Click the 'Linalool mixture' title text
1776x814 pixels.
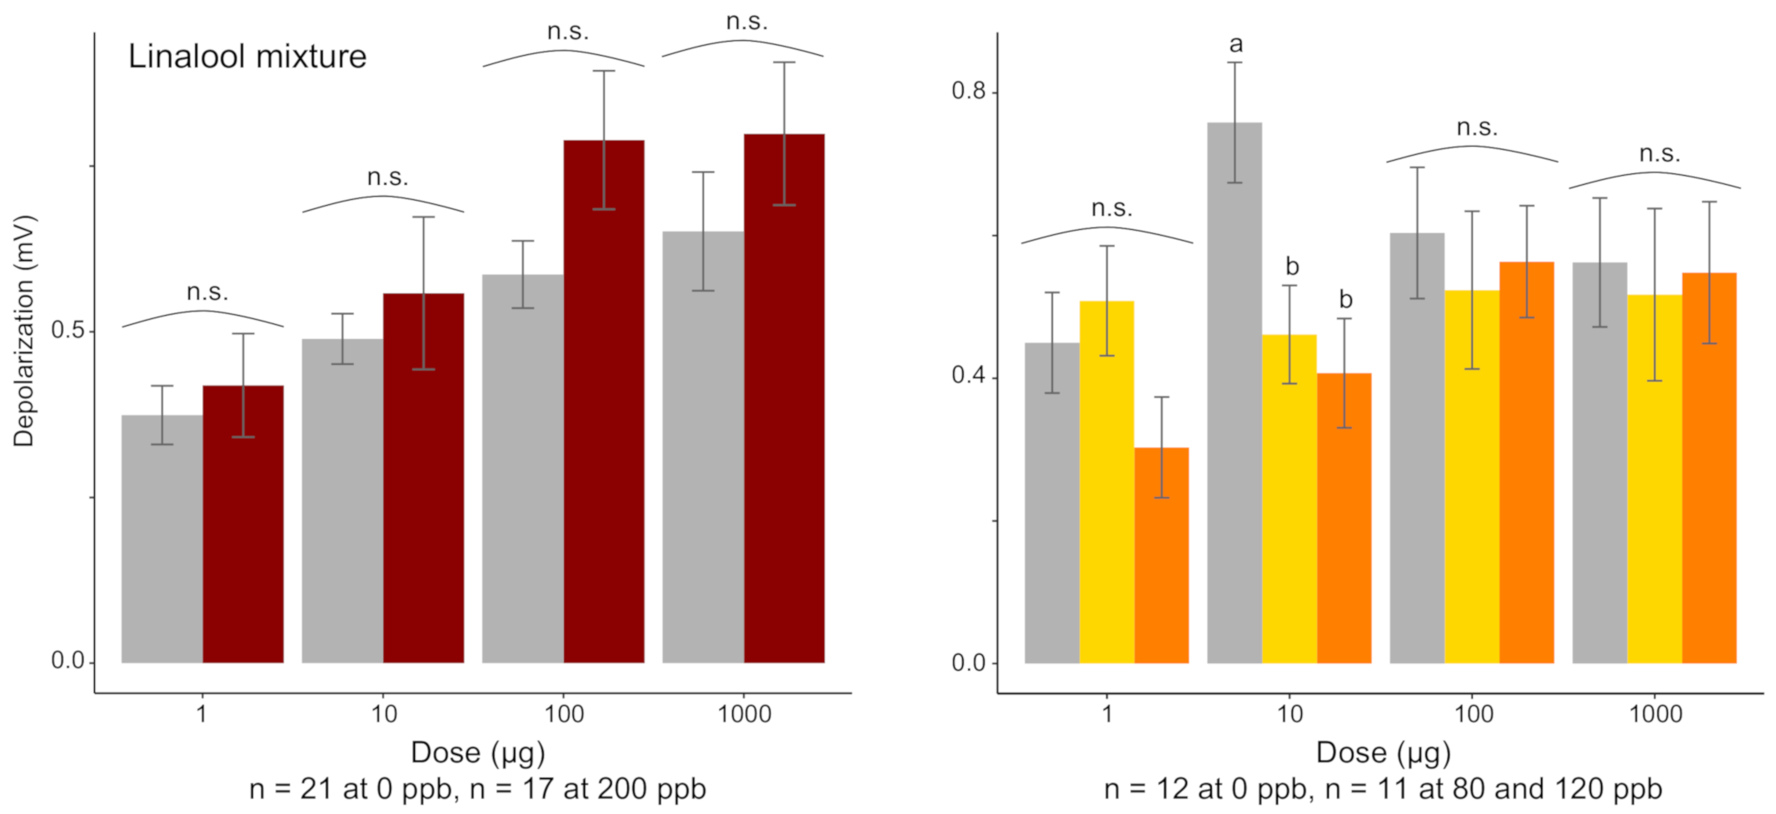point(247,57)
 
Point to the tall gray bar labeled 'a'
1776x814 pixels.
point(1234,392)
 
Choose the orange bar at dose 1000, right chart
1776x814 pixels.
point(1709,467)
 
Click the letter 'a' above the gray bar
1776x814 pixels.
point(1235,44)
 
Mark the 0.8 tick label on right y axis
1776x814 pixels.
point(968,90)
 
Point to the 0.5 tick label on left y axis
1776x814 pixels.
point(67,330)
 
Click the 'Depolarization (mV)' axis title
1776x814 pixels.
point(24,331)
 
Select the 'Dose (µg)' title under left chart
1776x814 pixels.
point(477,752)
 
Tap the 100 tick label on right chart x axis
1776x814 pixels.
point(1473,714)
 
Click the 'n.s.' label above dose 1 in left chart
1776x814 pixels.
point(207,292)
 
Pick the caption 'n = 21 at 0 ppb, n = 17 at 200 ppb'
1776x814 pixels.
point(477,788)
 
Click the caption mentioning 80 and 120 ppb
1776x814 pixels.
point(1383,788)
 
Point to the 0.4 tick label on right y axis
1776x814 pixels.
point(968,376)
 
